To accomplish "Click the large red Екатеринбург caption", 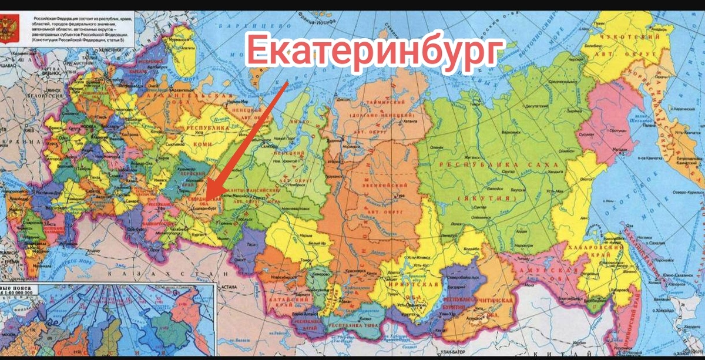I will tap(376, 50).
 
